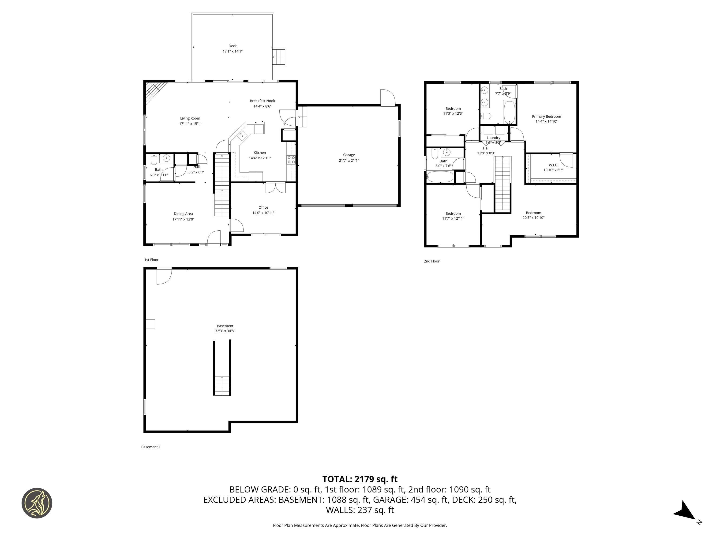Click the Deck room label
click(x=232, y=46)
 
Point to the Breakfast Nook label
click(x=262, y=101)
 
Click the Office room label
click(x=263, y=207)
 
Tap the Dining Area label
click(x=183, y=214)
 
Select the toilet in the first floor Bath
click(x=154, y=160)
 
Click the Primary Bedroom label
click(x=546, y=116)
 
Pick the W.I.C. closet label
click(x=553, y=165)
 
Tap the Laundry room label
click(x=493, y=138)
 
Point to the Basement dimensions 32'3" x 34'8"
click(x=225, y=331)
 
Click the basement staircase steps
click(x=222, y=386)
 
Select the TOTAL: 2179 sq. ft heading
click(x=360, y=479)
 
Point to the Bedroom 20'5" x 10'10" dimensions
click(x=533, y=218)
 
